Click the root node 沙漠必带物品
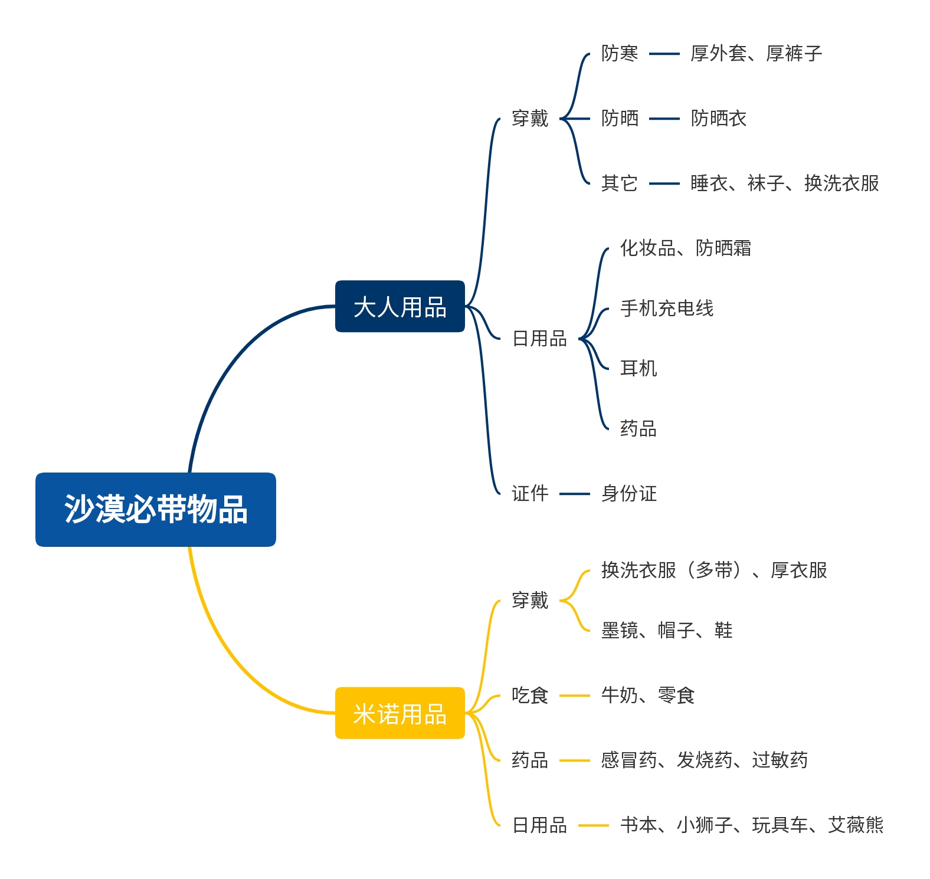pyautogui.click(x=155, y=509)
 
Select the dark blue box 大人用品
pyautogui.click(x=399, y=307)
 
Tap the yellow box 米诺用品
pyautogui.click(x=399, y=713)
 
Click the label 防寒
pyautogui.click(x=619, y=54)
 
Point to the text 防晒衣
pyautogui.click(x=718, y=119)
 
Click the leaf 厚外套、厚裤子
pyautogui.click(x=756, y=54)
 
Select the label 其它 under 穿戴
pyautogui.click(x=619, y=183)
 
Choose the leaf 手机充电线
pyautogui.click(x=666, y=308)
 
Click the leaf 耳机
pyautogui.click(x=638, y=368)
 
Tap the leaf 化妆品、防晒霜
pyautogui.click(x=685, y=248)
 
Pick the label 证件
pyautogui.click(x=529, y=493)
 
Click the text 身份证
pyautogui.click(x=628, y=493)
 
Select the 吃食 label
pyautogui.click(x=529, y=696)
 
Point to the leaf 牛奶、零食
pyautogui.click(x=647, y=696)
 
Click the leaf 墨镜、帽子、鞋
pyautogui.click(x=666, y=631)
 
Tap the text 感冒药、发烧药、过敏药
pyautogui.click(x=704, y=760)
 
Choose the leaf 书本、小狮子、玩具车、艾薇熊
pyautogui.click(x=751, y=825)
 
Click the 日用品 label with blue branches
pyautogui.click(x=539, y=339)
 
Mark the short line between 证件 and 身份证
pyautogui.click(x=574, y=494)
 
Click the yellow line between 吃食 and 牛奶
pyautogui.click(x=574, y=696)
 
